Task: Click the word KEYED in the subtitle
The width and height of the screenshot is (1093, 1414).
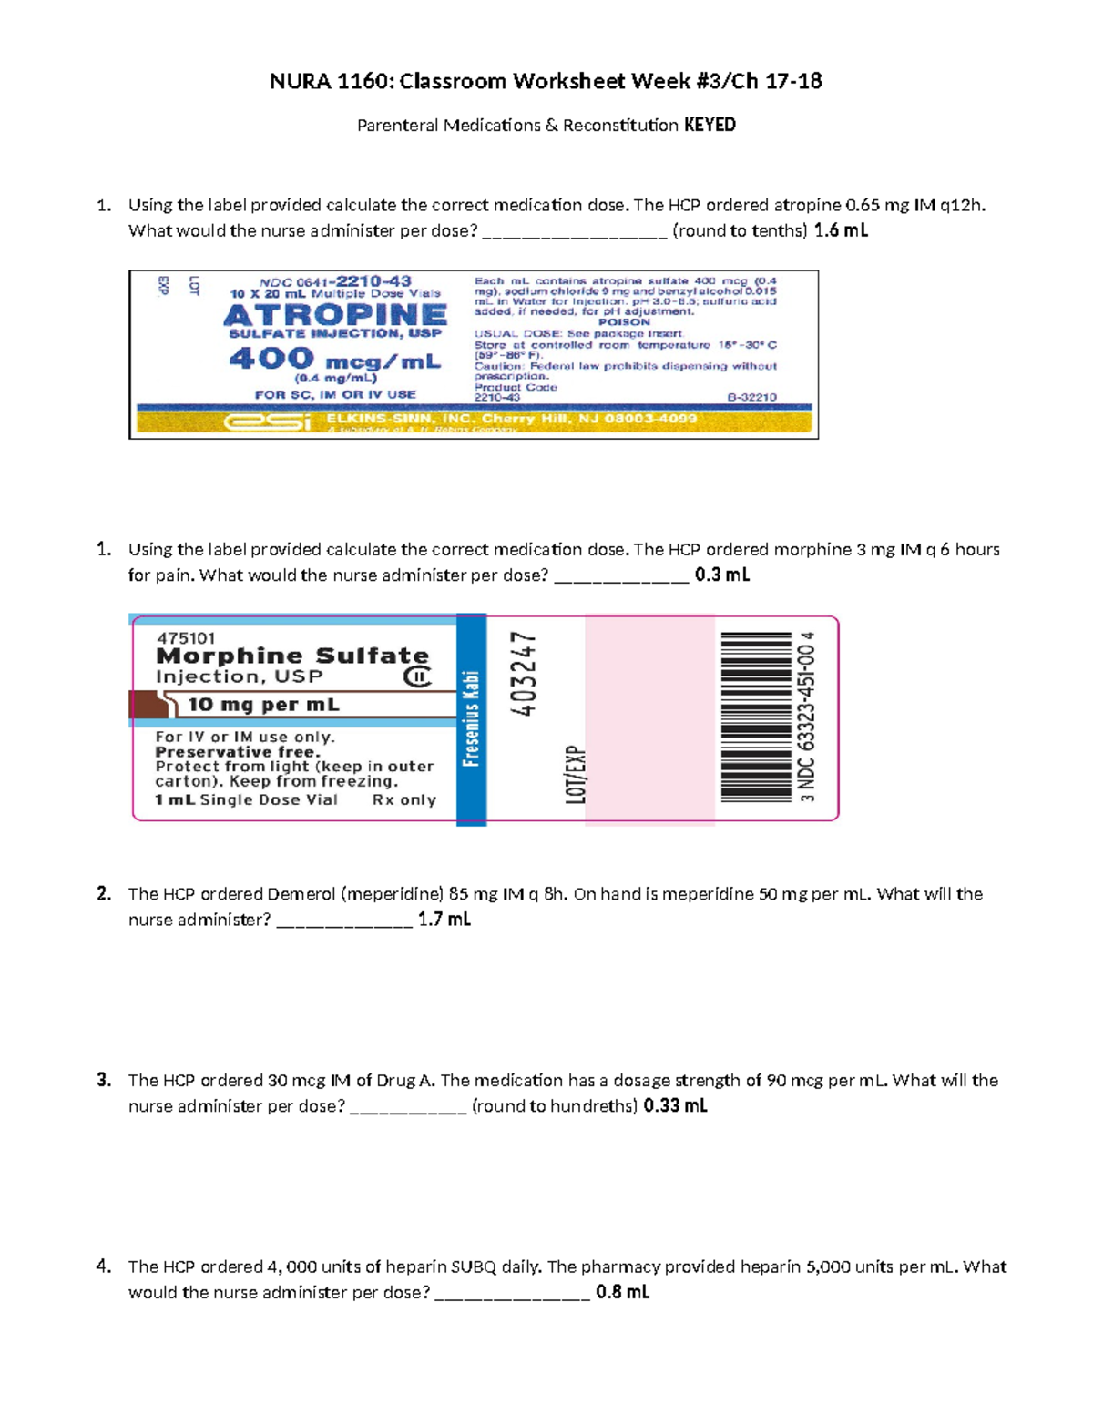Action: [710, 125]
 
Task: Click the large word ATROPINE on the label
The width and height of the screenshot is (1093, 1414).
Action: [335, 315]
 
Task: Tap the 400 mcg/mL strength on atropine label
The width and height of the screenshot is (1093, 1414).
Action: [335, 360]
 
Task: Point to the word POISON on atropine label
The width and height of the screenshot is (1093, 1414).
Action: [624, 322]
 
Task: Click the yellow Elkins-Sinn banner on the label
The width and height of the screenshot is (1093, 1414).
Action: [474, 421]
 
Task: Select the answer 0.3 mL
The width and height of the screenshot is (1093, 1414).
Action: [721, 575]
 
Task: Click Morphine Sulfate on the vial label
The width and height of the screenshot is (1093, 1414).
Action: [292, 656]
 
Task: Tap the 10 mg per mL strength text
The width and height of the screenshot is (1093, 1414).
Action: [263, 705]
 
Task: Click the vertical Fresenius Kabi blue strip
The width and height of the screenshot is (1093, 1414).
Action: [471, 719]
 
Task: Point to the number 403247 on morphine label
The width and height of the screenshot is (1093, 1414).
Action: [525, 674]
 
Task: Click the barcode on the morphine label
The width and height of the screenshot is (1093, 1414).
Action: [756, 717]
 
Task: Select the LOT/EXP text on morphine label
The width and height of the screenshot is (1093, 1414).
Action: [576, 775]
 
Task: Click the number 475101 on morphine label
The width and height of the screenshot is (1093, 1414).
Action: [186, 638]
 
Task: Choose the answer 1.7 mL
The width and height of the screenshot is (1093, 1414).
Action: [444, 920]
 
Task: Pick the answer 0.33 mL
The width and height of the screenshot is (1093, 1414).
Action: [675, 1106]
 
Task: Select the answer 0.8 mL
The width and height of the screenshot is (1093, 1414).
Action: [622, 1292]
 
